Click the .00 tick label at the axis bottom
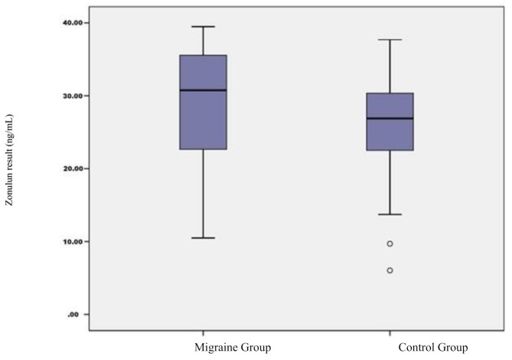[73, 315]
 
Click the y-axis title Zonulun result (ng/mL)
[9, 160]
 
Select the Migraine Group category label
[233, 347]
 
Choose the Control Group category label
[433, 347]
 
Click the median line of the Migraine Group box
[203, 90]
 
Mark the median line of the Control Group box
[390, 118]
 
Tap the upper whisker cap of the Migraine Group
[203, 27]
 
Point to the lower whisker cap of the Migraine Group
[203, 237]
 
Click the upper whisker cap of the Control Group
[390, 40]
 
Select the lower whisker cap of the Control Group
[390, 214]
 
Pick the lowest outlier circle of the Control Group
[390, 270]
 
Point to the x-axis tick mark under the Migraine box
[203, 333]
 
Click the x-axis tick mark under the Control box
[390, 333]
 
